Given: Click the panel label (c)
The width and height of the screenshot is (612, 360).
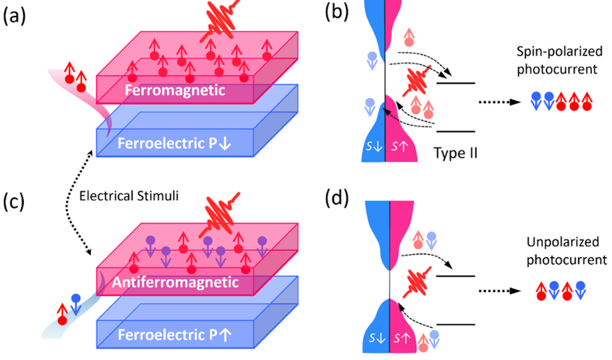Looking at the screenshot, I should (15, 201).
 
